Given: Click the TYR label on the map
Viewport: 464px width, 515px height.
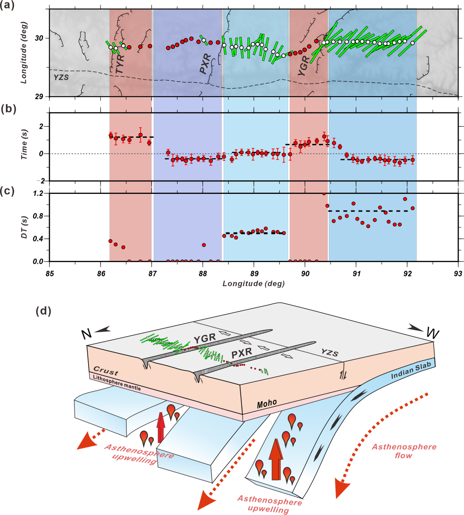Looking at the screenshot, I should [120, 64].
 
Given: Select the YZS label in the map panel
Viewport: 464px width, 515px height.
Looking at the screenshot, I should [61, 77].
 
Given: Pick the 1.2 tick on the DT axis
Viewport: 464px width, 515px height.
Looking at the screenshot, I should [38, 193].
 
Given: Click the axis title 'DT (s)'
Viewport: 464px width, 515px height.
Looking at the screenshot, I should [24, 227].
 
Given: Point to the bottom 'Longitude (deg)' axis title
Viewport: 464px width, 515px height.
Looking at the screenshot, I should [254, 284].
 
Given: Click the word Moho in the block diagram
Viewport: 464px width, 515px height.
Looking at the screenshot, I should [267, 403].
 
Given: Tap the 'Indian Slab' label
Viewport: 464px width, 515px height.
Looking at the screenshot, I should [411, 371].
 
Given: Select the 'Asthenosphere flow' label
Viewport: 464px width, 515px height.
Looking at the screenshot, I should [404, 451].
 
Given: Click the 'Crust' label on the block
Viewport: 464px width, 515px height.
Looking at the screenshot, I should [106, 371].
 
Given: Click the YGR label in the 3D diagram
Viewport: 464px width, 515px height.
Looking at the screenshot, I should [205, 339].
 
